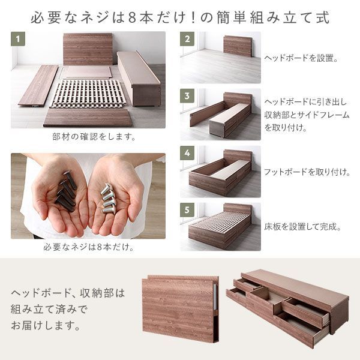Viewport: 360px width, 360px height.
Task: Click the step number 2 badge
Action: pos(188,40)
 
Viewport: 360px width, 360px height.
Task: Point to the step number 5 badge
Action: pos(188,211)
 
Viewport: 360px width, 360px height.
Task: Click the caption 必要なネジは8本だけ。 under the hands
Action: pos(88,247)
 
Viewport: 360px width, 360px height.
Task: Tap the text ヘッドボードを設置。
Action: pos(301,59)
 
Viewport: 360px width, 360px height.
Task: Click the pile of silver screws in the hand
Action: pos(108,198)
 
